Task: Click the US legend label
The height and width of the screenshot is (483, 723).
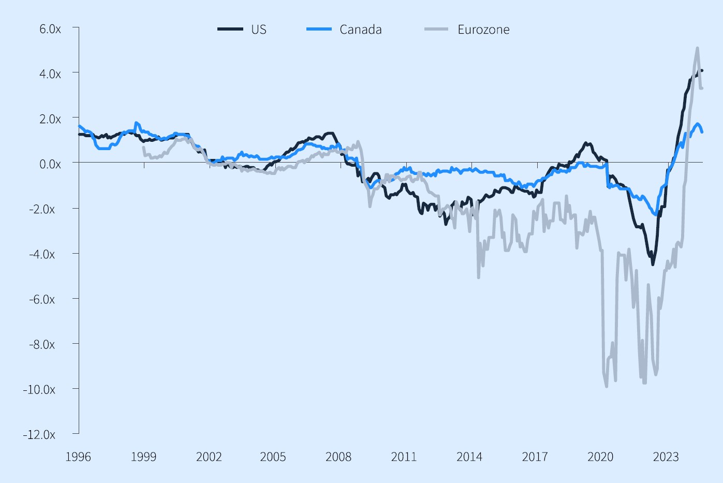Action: coord(259,30)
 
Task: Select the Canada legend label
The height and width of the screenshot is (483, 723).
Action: coord(360,30)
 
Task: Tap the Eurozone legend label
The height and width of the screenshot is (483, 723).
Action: coord(483,30)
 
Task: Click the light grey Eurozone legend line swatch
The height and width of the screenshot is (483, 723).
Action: coord(436,30)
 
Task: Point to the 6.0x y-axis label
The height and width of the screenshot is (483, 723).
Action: coord(50,29)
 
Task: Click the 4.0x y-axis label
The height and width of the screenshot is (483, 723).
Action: coord(50,74)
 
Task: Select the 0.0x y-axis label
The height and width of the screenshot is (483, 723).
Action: coord(50,164)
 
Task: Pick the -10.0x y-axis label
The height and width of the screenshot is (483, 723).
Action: coord(39,389)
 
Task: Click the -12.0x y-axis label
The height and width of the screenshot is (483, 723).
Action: coord(39,434)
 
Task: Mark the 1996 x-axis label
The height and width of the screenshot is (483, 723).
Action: coord(78,457)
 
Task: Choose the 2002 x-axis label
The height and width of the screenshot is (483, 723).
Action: coord(209,457)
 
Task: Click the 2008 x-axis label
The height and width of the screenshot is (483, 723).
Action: coord(338,457)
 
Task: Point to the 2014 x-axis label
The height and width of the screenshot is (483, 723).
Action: coord(469,457)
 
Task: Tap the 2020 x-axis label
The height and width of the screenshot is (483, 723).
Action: coord(600,457)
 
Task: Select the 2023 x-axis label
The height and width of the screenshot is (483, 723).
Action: coord(666,457)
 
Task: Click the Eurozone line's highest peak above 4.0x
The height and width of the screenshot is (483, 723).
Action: coord(697,48)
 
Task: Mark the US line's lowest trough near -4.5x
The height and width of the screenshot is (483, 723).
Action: coord(653,264)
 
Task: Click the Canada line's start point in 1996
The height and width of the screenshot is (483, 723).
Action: coord(79,126)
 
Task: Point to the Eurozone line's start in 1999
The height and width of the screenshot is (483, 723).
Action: coord(143,148)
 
